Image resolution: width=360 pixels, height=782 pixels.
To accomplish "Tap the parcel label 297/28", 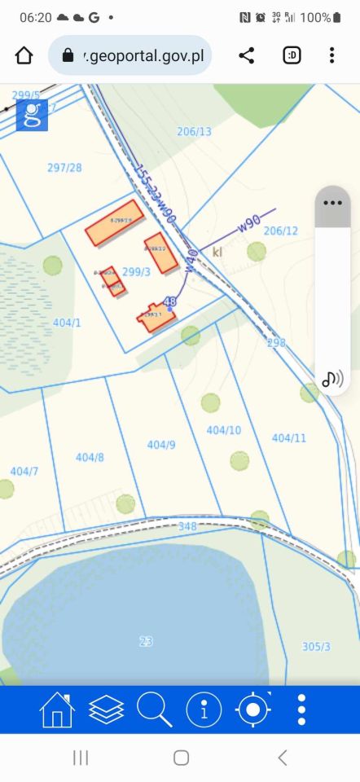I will (64, 168).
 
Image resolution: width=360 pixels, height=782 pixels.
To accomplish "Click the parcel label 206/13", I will (194, 131).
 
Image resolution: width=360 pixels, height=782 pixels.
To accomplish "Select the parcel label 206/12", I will (281, 231).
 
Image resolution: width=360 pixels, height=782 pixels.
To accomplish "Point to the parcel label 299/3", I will (136, 272).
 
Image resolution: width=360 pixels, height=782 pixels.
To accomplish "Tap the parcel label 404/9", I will (161, 445).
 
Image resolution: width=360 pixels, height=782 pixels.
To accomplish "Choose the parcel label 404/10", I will (223, 430).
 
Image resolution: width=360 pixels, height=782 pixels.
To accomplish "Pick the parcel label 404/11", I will (288, 437).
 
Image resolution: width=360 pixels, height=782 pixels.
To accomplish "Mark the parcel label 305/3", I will (316, 646).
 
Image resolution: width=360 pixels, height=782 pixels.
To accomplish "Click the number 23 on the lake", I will (146, 641).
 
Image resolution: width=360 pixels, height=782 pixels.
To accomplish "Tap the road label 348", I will (187, 526).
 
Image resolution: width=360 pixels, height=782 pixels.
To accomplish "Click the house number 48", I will (170, 301).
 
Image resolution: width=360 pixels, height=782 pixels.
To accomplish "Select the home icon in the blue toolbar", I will (56, 710).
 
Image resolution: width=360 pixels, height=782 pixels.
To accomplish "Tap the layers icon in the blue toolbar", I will (106, 710).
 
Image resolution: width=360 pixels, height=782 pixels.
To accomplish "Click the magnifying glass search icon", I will (154, 710).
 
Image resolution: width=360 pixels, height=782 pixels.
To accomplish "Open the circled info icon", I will (204, 710).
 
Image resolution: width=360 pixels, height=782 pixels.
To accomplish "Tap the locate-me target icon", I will (252, 710).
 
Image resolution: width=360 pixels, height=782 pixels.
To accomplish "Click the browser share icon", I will (246, 55).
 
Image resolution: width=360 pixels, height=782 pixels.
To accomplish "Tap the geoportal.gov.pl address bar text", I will (147, 55).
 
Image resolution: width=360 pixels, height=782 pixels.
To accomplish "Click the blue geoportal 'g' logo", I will (32, 115).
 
